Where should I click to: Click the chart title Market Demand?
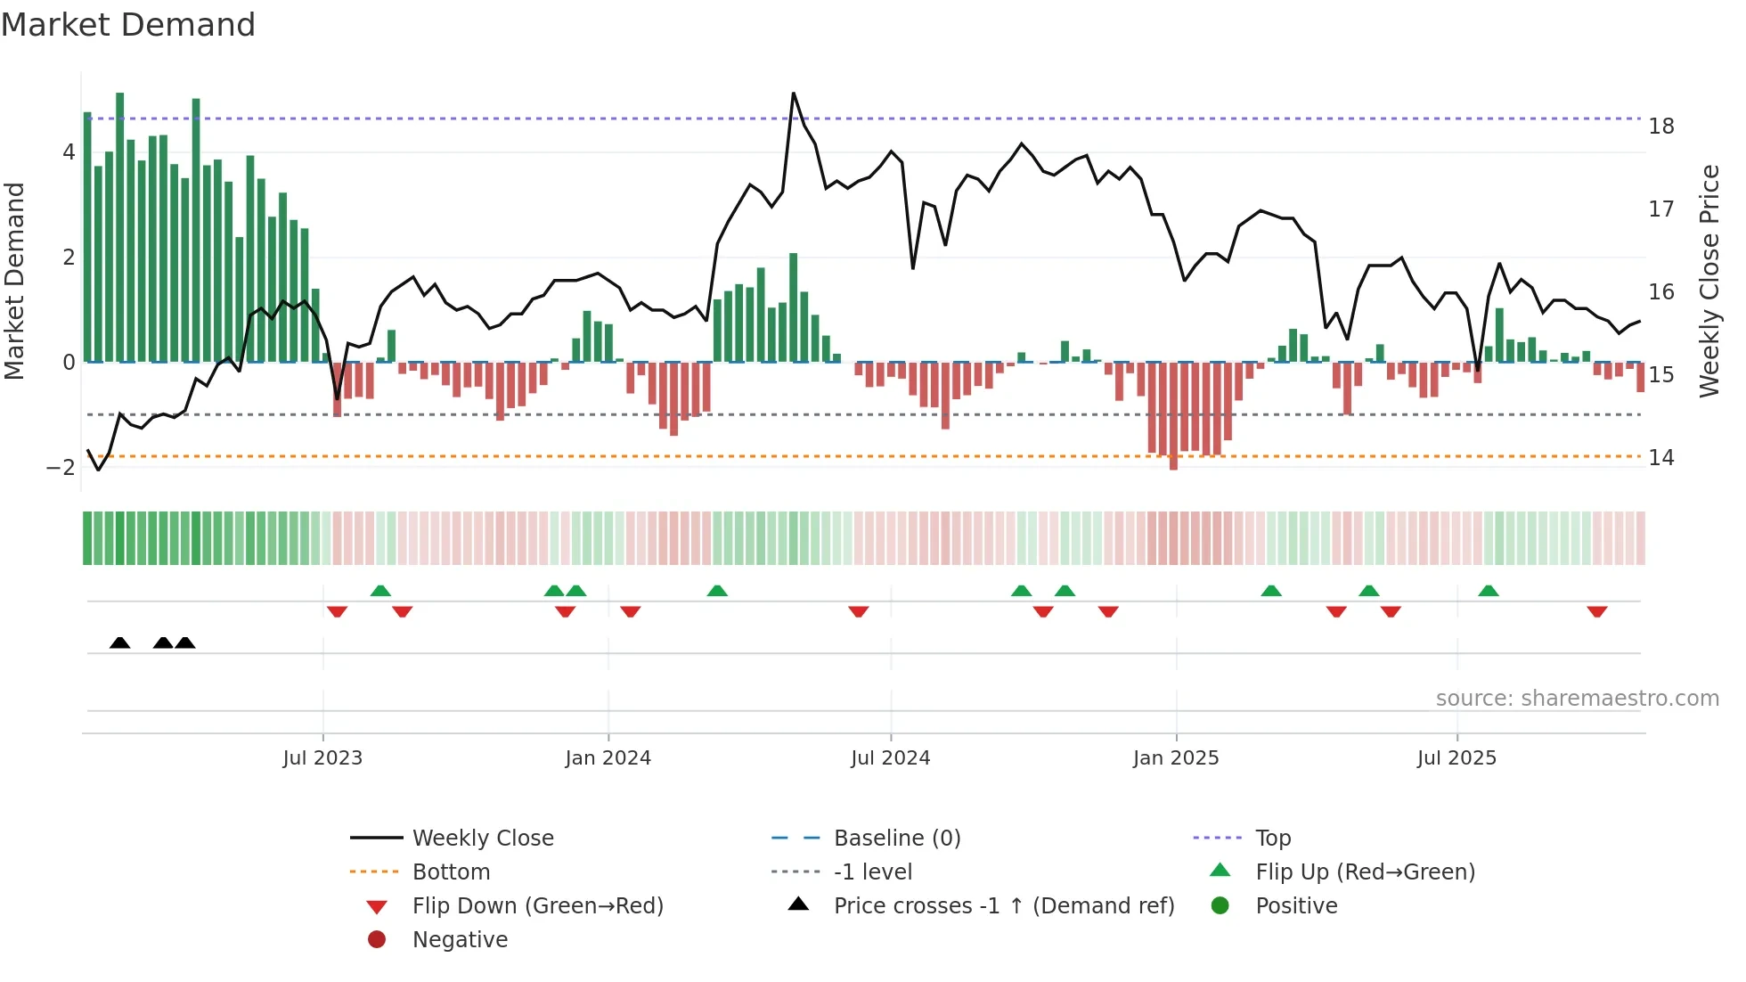(128, 25)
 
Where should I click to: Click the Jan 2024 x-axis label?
(608, 758)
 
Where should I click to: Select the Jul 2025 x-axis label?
(1456, 758)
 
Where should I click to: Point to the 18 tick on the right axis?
(1660, 127)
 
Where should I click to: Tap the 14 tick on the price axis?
(1660, 458)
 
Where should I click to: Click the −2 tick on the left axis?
(61, 468)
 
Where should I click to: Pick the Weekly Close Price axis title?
(1709, 281)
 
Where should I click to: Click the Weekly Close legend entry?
(482, 839)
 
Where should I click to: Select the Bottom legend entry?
(451, 872)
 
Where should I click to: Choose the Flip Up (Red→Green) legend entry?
(1365, 872)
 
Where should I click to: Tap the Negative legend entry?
(460, 940)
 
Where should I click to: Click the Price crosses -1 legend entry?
(1003, 906)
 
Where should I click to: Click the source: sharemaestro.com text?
(1577, 699)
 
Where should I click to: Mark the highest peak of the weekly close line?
(793, 94)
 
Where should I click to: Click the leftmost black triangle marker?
(119, 642)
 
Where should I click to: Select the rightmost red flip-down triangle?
(1596, 611)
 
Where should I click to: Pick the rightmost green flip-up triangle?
(1488, 591)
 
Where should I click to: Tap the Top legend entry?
(1272, 839)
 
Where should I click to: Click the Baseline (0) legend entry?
(896, 839)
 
